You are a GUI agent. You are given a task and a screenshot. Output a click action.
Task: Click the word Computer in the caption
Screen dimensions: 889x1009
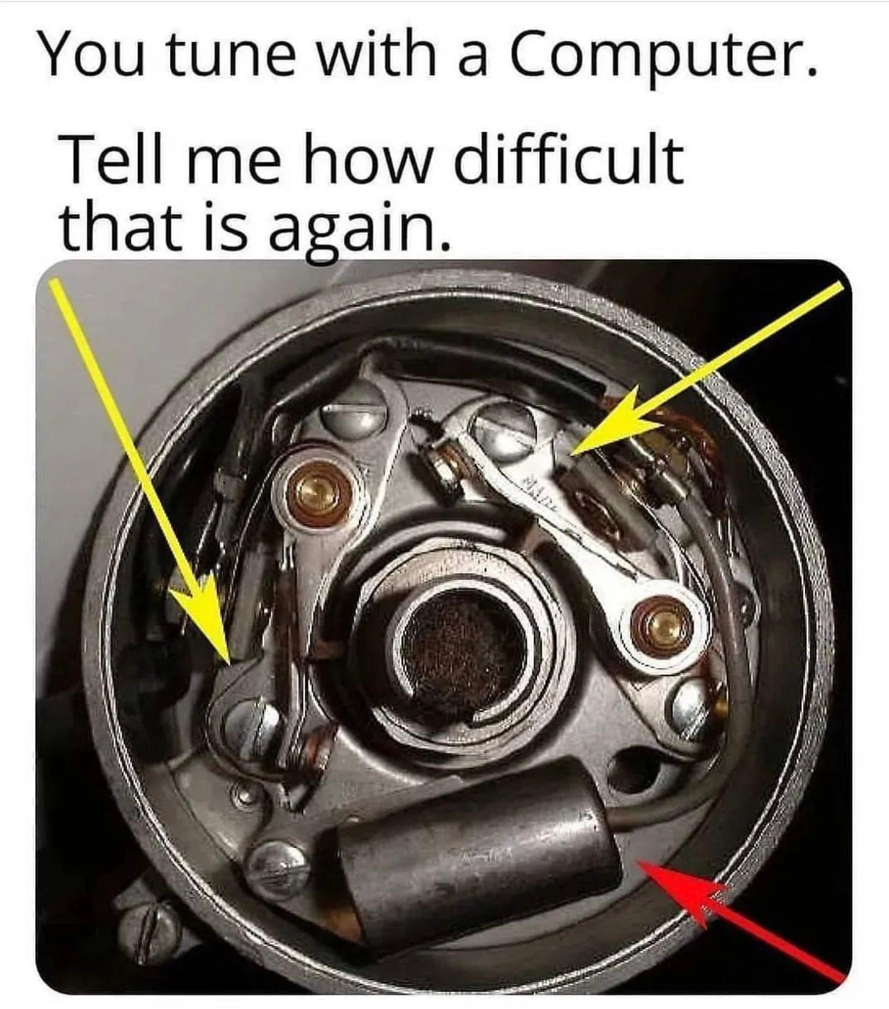point(662,56)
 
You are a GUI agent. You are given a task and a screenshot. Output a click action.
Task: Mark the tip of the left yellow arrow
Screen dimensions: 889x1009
point(229,663)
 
